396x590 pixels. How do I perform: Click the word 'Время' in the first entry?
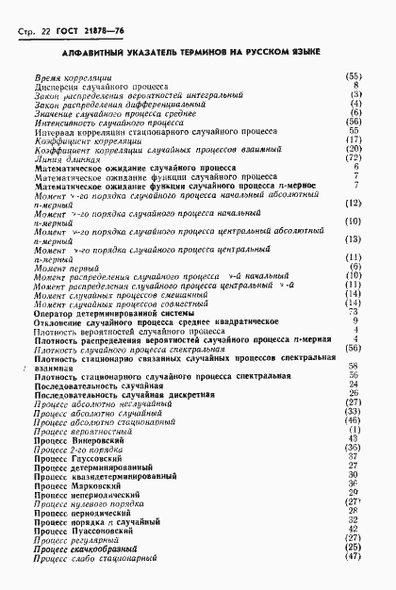pos(47,75)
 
